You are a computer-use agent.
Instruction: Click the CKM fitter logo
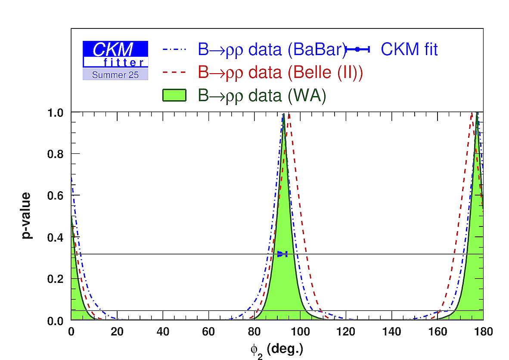tap(115, 54)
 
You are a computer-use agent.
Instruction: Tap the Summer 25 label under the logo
tap(115, 75)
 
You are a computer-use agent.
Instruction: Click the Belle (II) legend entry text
tap(280, 72)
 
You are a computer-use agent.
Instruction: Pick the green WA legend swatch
tap(174, 95)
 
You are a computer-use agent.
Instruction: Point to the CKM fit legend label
tap(409, 50)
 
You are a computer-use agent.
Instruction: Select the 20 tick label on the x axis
tap(117, 332)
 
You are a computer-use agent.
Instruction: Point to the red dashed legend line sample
tap(174, 72)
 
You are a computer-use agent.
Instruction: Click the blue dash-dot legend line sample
tap(174, 50)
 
